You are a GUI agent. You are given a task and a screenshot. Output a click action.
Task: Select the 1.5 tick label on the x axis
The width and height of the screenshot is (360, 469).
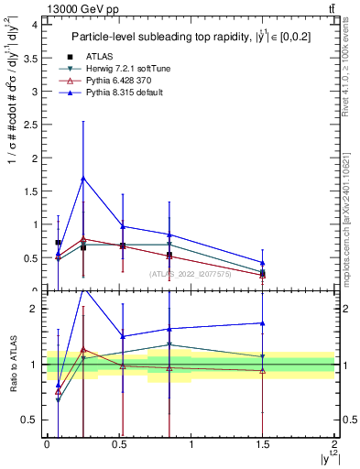(263, 444)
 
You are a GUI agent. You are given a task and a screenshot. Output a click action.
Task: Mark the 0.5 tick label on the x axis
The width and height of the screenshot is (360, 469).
(119, 444)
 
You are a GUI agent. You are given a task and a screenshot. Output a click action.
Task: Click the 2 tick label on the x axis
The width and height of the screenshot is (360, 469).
(335, 444)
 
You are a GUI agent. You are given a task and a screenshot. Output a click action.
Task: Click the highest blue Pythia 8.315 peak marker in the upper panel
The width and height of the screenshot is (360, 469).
(83, 178)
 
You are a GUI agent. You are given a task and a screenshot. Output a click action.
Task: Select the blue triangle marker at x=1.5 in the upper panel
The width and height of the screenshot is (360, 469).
(263, 263)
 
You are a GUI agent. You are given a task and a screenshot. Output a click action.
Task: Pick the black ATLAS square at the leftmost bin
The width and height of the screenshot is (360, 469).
(59, 243)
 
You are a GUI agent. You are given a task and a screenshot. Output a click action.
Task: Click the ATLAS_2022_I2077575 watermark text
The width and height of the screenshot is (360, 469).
(191, 273)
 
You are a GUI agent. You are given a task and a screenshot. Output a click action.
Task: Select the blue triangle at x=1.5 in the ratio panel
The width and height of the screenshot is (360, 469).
(263, 322)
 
